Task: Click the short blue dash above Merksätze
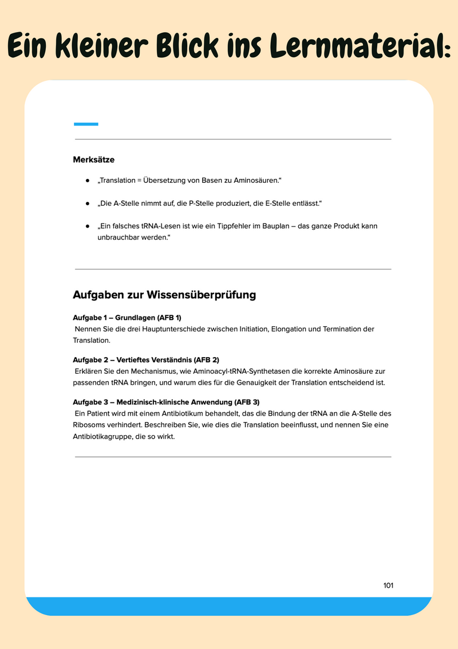pos(86,124)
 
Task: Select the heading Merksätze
pos(94,160)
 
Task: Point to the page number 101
pos(388,585)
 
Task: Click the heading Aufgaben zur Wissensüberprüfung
pos(164,295)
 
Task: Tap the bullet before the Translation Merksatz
pos(88,181)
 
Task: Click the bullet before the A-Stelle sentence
pos(88,204)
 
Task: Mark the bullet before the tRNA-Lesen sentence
pos(88,226)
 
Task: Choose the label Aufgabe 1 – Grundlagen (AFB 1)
pos(127,318)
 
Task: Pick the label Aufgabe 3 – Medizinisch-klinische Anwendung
pos(166,402)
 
